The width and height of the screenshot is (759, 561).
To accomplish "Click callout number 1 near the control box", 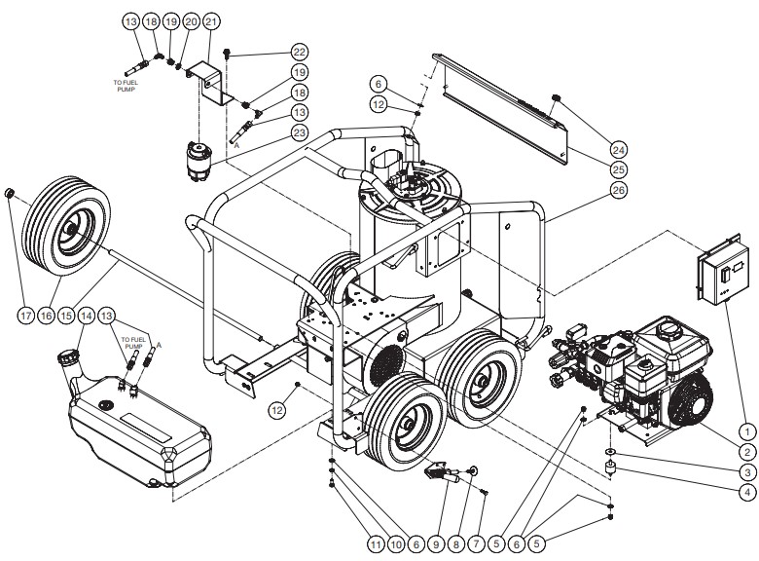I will coord(746,429).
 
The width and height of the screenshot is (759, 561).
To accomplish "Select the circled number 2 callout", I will coord(746,451).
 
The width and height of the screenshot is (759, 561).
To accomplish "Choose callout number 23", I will coord(300,132).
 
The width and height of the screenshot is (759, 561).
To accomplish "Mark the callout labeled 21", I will coord(212,20).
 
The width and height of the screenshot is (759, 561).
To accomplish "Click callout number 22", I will coord(300,52).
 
